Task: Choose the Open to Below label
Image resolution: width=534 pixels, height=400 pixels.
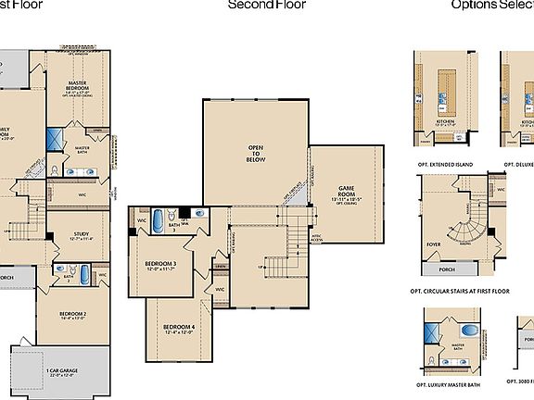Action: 256,153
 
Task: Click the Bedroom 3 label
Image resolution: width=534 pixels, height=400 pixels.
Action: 160,265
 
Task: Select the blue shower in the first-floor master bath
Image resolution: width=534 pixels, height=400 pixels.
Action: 55,140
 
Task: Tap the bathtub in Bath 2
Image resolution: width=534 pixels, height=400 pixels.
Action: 86,275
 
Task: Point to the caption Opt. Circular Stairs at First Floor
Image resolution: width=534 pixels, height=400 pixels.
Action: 460,290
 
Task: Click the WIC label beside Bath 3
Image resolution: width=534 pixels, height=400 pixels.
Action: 142,221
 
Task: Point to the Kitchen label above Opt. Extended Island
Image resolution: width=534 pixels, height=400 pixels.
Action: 445,121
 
